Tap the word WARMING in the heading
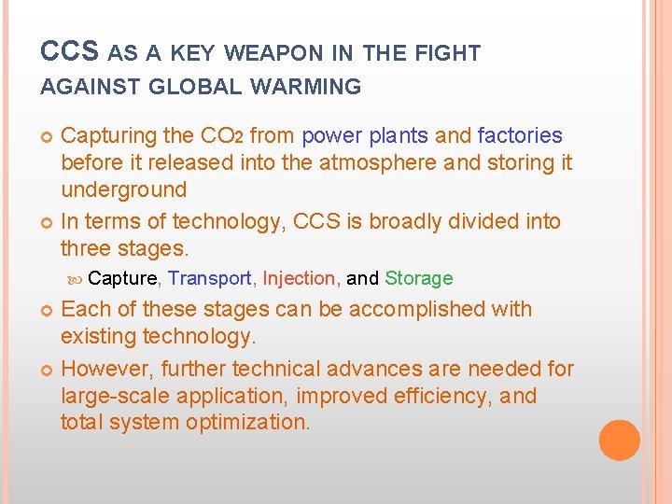coord(305,88)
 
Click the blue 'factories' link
coord(520,136)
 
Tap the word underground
coord(123,189)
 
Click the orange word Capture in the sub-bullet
coord(124,278)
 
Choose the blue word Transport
coord(211,278)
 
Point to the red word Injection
coord(300,278)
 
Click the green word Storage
coord(418,278)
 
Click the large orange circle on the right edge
coord(619,441)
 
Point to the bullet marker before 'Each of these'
coord(48,310)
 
